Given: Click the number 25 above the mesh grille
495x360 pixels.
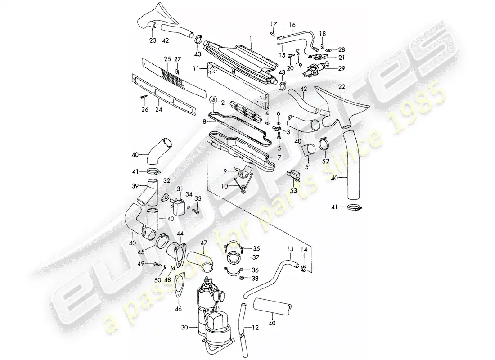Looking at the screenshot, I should (x=166, y=59).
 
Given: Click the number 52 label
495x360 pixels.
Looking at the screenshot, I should (x=325, y=161).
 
